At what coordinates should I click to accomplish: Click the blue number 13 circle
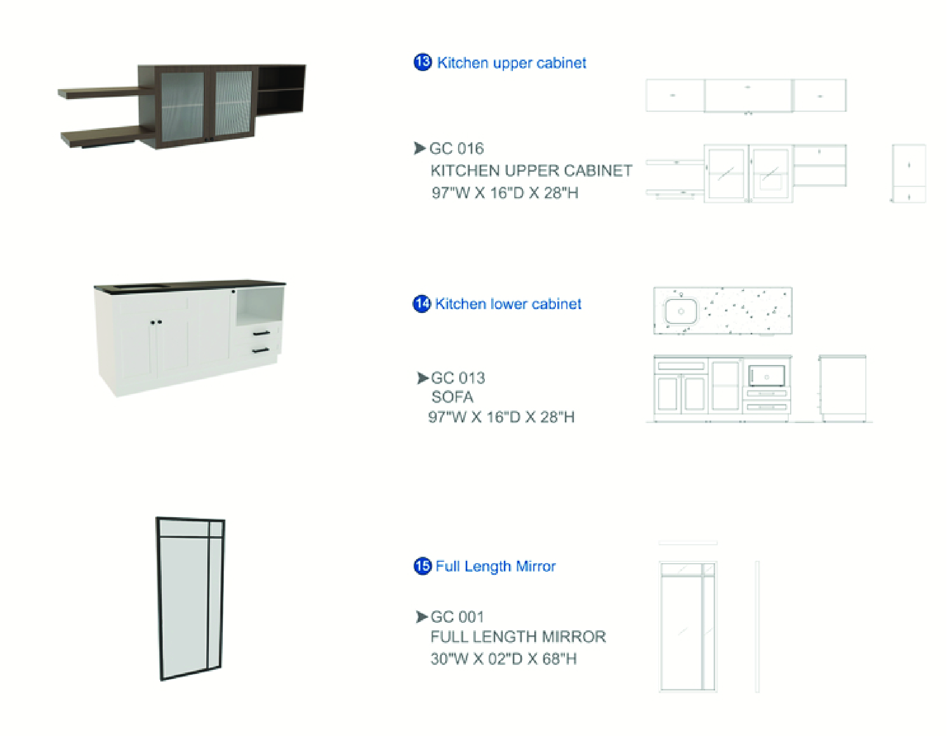(423, 62)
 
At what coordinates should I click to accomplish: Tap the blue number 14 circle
(422, 303)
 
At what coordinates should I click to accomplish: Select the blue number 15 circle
(423, 566)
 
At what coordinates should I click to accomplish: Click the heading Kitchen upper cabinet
(511, 63)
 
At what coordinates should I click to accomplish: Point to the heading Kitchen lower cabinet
(508, 304)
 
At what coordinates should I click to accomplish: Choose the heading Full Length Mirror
(496, 566)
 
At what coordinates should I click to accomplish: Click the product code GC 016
(457, 148)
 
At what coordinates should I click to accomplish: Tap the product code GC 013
(458, 378)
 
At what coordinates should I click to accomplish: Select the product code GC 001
(458, 617)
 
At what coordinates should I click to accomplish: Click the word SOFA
(452, 397)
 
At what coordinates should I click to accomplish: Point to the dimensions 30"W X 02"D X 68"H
(504, 659)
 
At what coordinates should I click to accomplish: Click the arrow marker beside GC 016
(420, 148)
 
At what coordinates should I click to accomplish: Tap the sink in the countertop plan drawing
(681, 311)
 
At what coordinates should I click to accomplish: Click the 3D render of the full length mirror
(190, 598)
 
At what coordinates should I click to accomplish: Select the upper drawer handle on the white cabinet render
(261, 333)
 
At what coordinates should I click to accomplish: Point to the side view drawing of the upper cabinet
(908, 173)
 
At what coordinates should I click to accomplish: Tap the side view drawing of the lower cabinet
(842, 389)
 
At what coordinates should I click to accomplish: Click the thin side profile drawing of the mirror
(757, 626)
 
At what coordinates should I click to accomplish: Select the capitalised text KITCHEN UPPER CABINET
(531, 171)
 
